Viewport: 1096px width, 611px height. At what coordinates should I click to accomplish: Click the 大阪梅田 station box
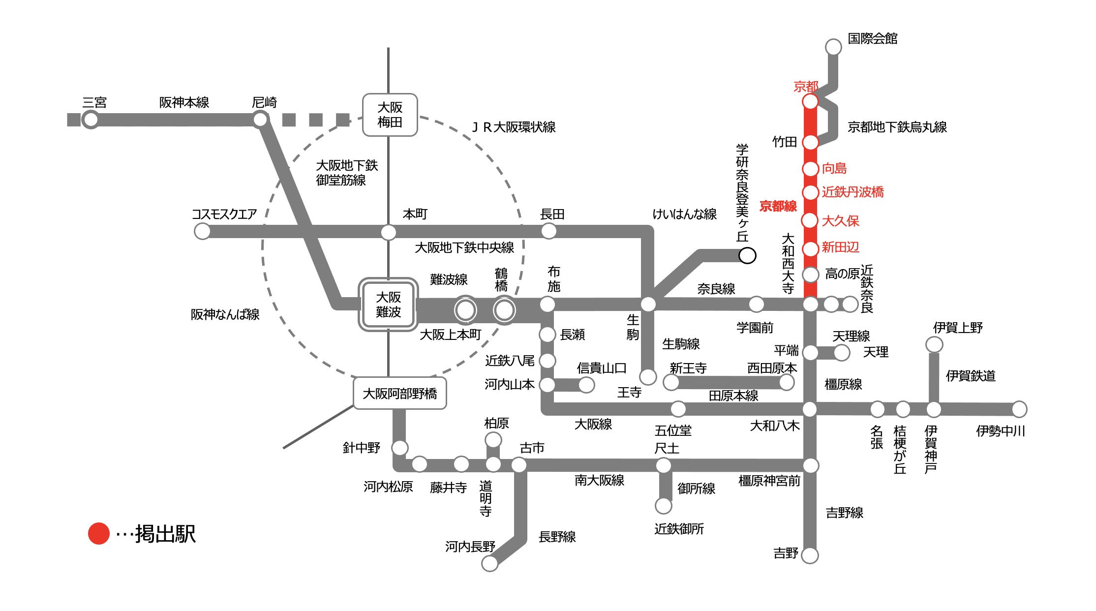[x=390, y=115]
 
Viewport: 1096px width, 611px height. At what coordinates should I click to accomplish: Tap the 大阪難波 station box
[x=388, y=305]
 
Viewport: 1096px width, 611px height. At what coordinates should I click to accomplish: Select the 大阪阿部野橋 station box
[x=399, y=394]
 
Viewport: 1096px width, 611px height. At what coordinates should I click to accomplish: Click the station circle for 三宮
[x=91, y=120]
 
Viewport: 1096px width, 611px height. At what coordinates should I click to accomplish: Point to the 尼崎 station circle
[x=260, y=120]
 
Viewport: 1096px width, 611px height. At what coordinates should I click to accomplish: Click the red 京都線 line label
[x=778, y=206]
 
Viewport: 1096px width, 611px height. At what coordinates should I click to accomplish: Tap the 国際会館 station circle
[x=833, y=47]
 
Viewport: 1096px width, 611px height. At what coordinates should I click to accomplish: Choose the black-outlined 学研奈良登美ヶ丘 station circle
[x=747, y=255]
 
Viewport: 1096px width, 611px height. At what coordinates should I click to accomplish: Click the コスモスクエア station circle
[x=202, y=231]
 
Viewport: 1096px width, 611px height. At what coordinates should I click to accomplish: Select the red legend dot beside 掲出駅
[x=98, y=534]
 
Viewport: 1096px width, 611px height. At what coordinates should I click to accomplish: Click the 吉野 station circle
[x=810, y=555]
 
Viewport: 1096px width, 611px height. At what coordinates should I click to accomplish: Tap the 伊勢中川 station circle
[x=1019, y=409]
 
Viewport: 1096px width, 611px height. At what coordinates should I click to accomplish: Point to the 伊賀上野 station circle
[x=934, y=344]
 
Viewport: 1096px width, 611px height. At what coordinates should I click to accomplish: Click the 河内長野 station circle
[x=489, y=564]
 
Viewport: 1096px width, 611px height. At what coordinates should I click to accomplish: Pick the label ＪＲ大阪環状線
[x=514, y=127]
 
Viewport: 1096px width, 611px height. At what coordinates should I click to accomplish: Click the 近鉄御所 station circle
[x=663, y=505]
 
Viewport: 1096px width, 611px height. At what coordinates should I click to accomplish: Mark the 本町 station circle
[x=389, y=232]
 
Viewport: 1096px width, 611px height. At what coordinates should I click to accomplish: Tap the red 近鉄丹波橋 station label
[x=852, y=192]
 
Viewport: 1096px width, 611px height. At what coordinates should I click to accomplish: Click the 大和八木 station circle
[x=810, y=409]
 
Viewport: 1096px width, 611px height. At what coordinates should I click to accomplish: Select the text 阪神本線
[x=184, y=103]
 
